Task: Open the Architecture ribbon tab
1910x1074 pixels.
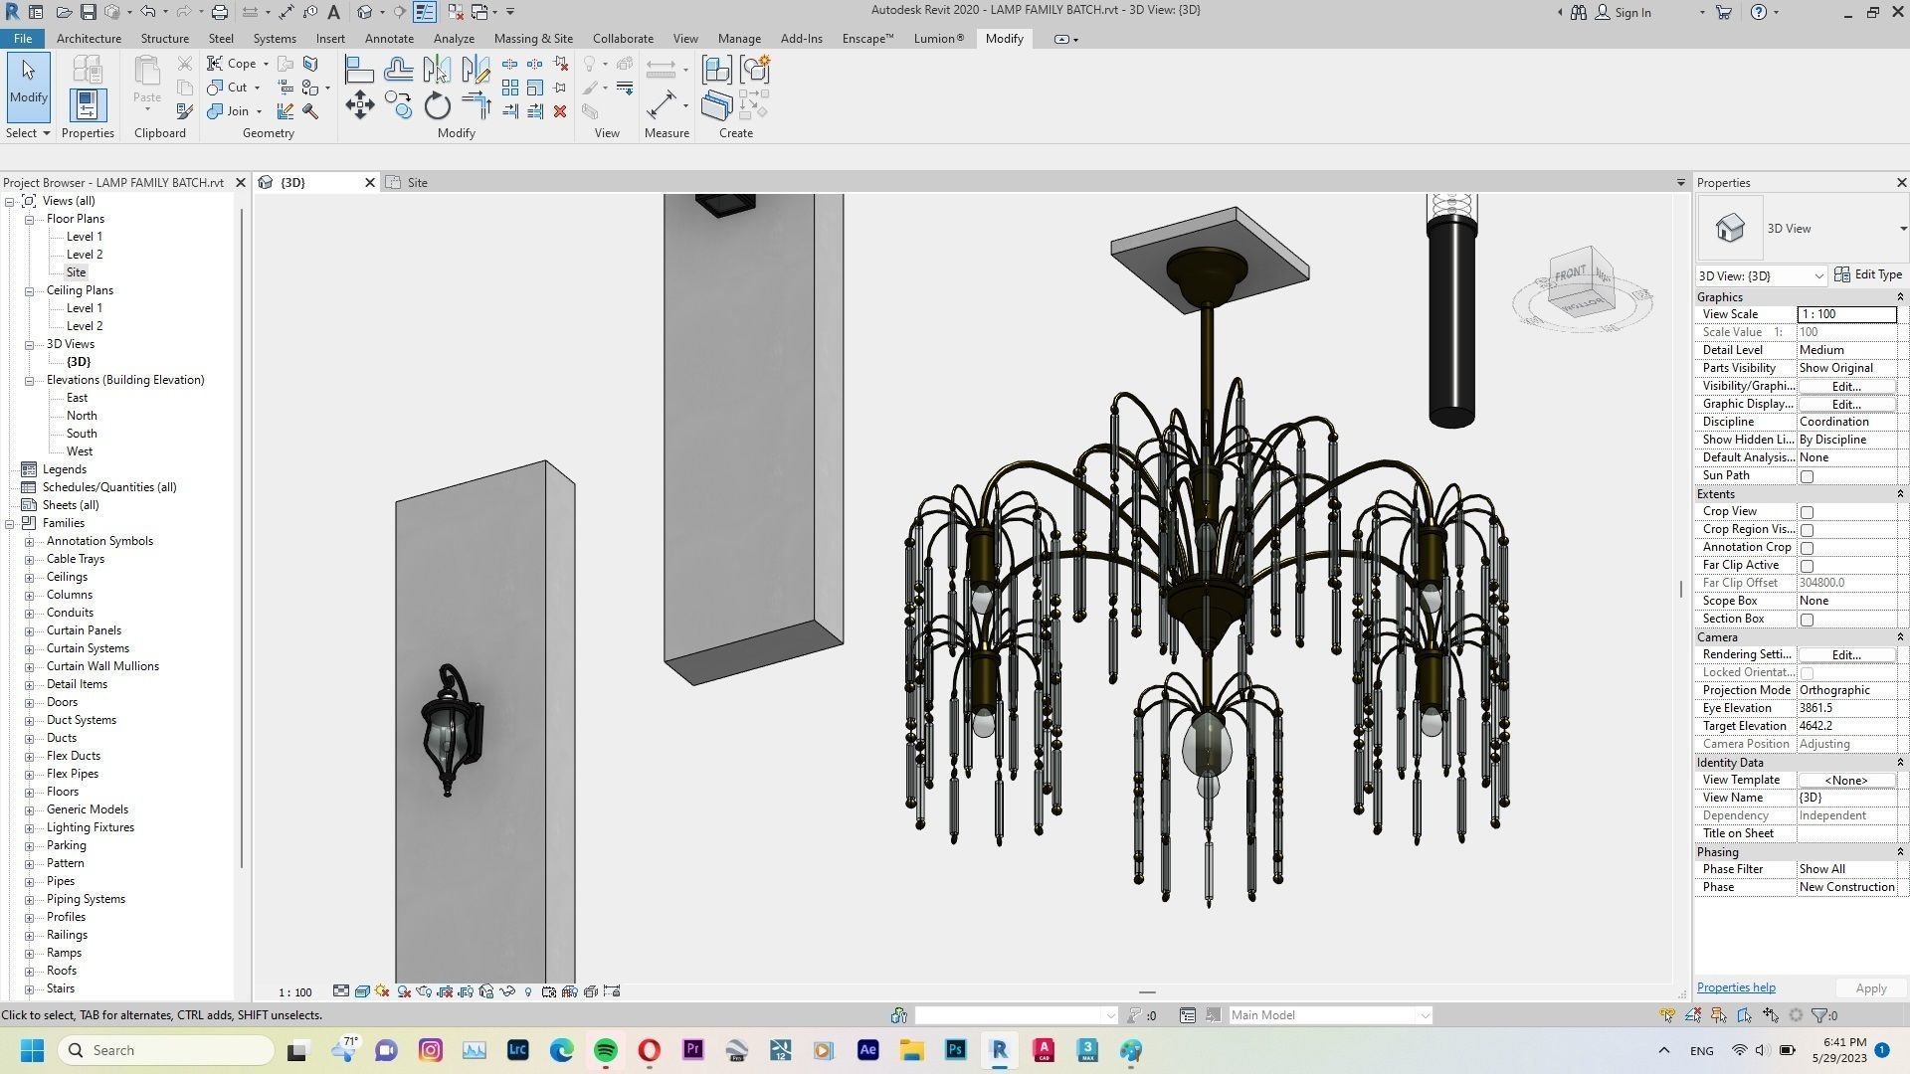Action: (89, 39)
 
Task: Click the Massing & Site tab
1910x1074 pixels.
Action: (533, 39)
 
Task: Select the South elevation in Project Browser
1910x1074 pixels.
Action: (82, 434)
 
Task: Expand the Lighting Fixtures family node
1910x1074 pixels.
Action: (29, 827)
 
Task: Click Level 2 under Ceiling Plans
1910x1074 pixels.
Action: (85, 326)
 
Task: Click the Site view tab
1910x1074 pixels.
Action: (417, 183)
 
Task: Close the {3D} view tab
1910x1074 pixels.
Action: (370, 183)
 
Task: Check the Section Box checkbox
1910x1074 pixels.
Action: (1807, 620)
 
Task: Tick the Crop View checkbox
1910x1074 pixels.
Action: (1807, 512)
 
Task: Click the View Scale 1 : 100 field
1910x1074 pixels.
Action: (1845, 314)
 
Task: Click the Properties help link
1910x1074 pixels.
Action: (1735, 987)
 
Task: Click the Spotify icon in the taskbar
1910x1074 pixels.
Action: (605, 1050)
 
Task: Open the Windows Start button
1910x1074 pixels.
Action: (32, 1050)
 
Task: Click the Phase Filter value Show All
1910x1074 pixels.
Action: (1845, 869)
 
